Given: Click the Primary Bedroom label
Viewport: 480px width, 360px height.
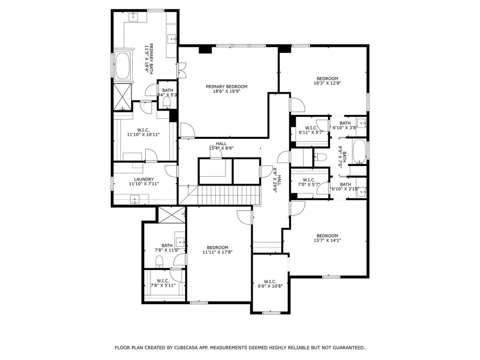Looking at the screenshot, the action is pos(226,89).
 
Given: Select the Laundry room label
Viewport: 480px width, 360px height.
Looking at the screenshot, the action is pos(144,181).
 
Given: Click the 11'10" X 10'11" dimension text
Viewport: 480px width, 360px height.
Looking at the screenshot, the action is pos(143,135).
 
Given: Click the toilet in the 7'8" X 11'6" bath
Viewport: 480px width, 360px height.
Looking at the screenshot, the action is pos(159,262).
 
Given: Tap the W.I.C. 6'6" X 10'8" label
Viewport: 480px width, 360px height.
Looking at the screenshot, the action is pos(270,284).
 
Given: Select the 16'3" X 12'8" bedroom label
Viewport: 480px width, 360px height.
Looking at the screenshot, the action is pos(327,81).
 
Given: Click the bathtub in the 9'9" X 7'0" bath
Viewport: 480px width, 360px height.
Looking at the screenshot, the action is pos(359,151).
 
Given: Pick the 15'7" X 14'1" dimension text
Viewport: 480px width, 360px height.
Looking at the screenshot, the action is pos(327,240).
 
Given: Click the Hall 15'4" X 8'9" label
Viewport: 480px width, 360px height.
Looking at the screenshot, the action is pos(221,146).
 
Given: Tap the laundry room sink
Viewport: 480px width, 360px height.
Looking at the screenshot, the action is pos(135,199).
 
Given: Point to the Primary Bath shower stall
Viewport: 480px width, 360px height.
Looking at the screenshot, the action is pos(122,97).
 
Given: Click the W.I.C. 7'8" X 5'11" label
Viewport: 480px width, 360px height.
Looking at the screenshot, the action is pos(163,283).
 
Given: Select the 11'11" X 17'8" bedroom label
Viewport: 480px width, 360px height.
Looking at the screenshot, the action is pos(217,250).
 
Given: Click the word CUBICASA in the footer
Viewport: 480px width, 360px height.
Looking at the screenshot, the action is pos(187,348).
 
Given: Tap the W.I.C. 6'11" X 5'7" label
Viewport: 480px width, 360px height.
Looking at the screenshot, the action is pos(311,130).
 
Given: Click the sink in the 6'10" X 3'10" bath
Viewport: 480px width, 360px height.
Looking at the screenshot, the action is pos(363,192).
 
